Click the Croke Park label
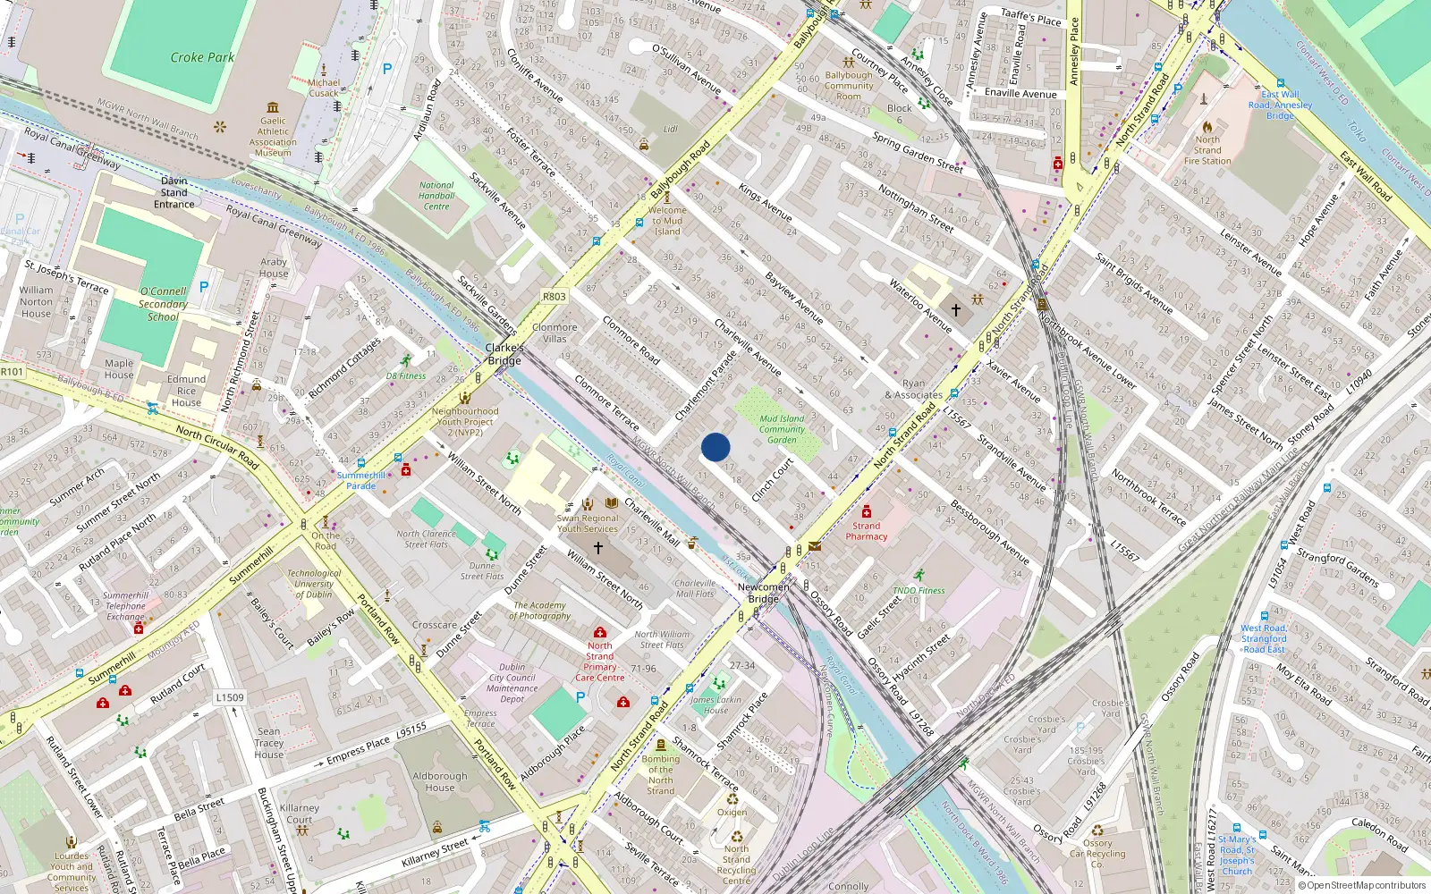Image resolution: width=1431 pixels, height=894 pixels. [x=202, y=57]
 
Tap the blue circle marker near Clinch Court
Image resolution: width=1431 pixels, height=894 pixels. [x=715, y=447]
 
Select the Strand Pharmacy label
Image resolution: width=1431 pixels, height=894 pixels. [x=867, y=531]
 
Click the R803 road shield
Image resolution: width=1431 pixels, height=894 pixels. [x=554, y=296]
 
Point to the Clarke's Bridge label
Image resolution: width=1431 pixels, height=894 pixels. [x=504, y=354]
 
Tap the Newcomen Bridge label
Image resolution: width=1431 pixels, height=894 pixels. [x=763, y=593]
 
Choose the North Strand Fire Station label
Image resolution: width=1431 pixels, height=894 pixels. [x=1207, y=150]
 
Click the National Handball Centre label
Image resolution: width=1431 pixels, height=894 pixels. [x=436, y=196]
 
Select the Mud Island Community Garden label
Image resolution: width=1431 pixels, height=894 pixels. [x=782, y=429]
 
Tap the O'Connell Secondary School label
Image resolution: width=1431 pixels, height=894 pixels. [x=163, y=304]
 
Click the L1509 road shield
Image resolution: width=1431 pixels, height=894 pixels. [x=230, y=697]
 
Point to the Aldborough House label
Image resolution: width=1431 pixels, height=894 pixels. [x=439, y=781]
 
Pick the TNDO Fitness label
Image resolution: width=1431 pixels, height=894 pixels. [x=919, y=590]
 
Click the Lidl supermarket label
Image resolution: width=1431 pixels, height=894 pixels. [x=670, y=129]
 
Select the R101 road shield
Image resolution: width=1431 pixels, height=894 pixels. [x=12, y=372]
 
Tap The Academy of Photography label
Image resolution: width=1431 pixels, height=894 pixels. [x=541, y=611]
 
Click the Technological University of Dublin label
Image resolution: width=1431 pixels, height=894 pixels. [x=314, y=584]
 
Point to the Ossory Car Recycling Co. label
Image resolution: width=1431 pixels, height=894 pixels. [x=1097, y=853]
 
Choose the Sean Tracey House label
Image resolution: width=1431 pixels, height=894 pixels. [x=268, y=743]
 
